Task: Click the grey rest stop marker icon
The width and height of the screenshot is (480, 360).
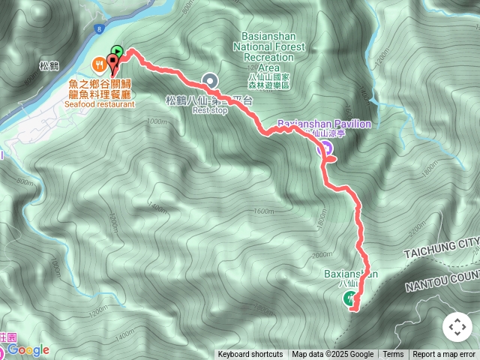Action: click(210, 80)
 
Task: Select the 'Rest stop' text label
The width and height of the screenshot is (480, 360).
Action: click(209, 110)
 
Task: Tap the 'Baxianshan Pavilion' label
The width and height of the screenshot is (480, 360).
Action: click(324, 124)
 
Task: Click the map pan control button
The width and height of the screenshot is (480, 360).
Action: click(457, 327)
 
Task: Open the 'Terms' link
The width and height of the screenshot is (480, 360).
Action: click(393, 355)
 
